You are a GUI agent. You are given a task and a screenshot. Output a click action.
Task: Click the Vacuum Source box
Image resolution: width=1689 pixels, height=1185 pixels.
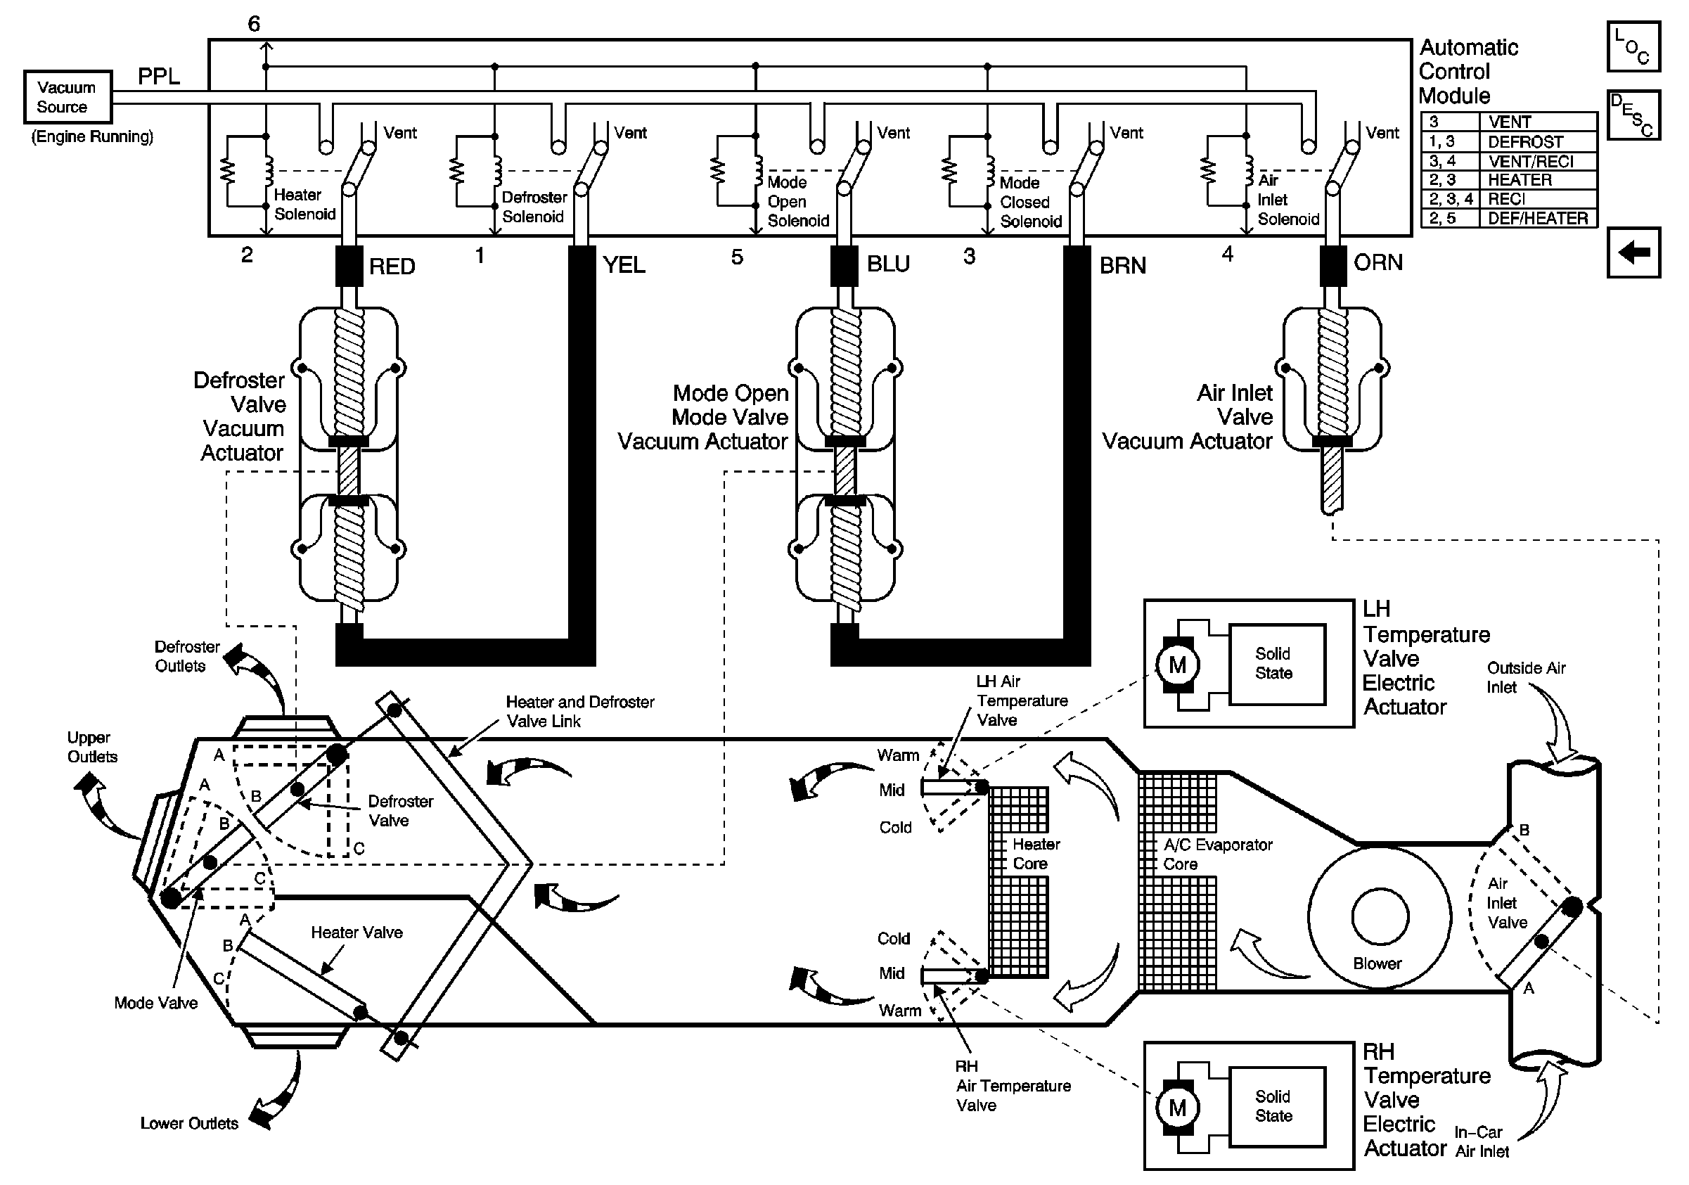click(x=68, y=96)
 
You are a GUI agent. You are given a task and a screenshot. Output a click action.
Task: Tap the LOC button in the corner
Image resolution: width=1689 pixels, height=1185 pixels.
click(x=1633, y=46)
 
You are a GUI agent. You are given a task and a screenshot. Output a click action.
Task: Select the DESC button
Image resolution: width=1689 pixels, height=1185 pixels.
click(x=1633, y=115)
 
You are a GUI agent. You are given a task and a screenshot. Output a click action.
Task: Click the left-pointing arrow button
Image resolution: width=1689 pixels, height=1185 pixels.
click(x=1633, y=252)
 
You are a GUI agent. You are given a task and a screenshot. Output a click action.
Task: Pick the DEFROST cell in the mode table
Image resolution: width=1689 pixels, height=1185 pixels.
click(x=1537, y=141)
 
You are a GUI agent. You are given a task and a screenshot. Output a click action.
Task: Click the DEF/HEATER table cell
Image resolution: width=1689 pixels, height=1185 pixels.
click(x=1537, y=219)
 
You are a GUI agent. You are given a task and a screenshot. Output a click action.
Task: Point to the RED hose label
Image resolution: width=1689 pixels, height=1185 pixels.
click(x=392, y=267)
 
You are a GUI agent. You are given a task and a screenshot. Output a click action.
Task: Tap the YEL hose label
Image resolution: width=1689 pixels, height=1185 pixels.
click(x=624, y=265)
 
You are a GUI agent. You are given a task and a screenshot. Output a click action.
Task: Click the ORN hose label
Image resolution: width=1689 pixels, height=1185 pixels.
click(x=1377, y=262)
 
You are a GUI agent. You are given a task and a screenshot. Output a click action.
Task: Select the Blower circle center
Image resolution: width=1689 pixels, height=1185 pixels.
click(x=1380, y=917)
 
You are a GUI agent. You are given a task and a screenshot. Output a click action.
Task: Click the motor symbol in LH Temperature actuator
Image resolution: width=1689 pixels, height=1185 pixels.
click(x=1177, y=665)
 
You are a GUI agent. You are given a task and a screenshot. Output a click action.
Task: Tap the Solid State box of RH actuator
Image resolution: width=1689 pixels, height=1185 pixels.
click(x=1278, y=1106)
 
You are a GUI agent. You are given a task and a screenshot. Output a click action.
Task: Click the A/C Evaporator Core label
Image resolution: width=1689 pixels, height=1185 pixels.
click(x=1217, y=854)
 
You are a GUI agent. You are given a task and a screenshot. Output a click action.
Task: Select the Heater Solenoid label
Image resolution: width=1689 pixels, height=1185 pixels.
click(x=304, y=205)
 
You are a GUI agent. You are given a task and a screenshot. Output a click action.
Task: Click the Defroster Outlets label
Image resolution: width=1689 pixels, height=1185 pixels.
click(x=187, y=656)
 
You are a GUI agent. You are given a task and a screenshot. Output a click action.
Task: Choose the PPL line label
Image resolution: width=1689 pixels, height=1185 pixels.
click(x=159, y=77)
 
